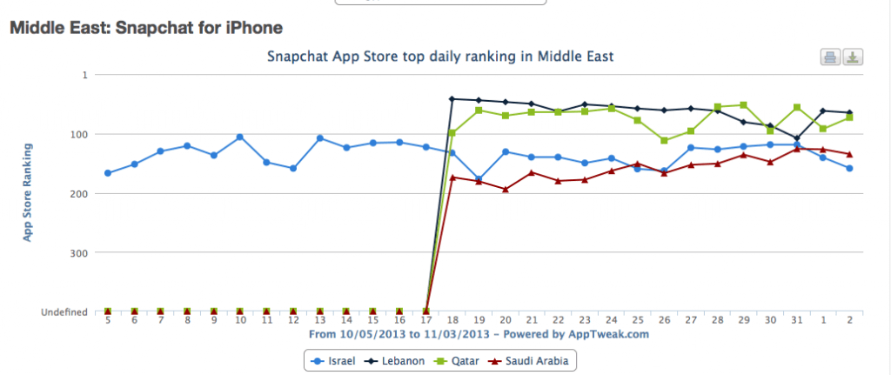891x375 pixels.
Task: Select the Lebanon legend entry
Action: (403, 360)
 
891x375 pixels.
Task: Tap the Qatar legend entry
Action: (462, 360)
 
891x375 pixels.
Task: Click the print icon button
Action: (830, 57)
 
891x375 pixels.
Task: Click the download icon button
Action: (853, 57)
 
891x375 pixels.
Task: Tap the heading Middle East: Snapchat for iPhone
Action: (145, 29)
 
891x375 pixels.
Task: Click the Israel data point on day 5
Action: (108, 173)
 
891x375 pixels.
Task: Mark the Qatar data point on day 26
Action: (664, 140)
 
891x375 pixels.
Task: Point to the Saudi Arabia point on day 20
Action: (505, 189)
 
